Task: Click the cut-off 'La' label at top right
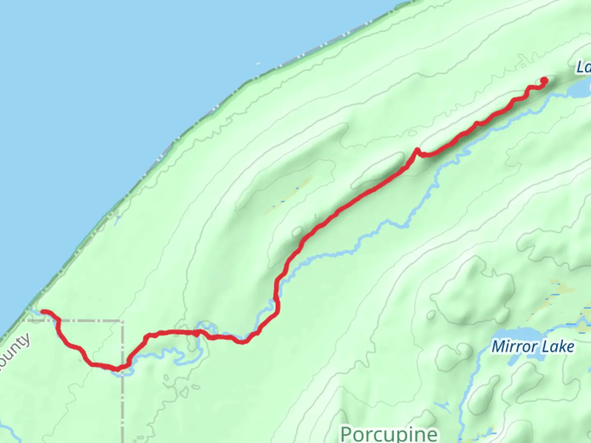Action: click(x=583, y=67)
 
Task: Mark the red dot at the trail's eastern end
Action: click(x=545, y=80)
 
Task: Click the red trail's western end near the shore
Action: click(x=43, y=312)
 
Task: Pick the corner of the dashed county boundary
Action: click(x=122, y=321)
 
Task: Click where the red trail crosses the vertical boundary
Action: click(x=122, y=367)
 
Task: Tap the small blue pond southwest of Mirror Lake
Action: click(x=442, y=406)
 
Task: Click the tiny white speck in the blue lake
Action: click(x=258, y=64)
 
